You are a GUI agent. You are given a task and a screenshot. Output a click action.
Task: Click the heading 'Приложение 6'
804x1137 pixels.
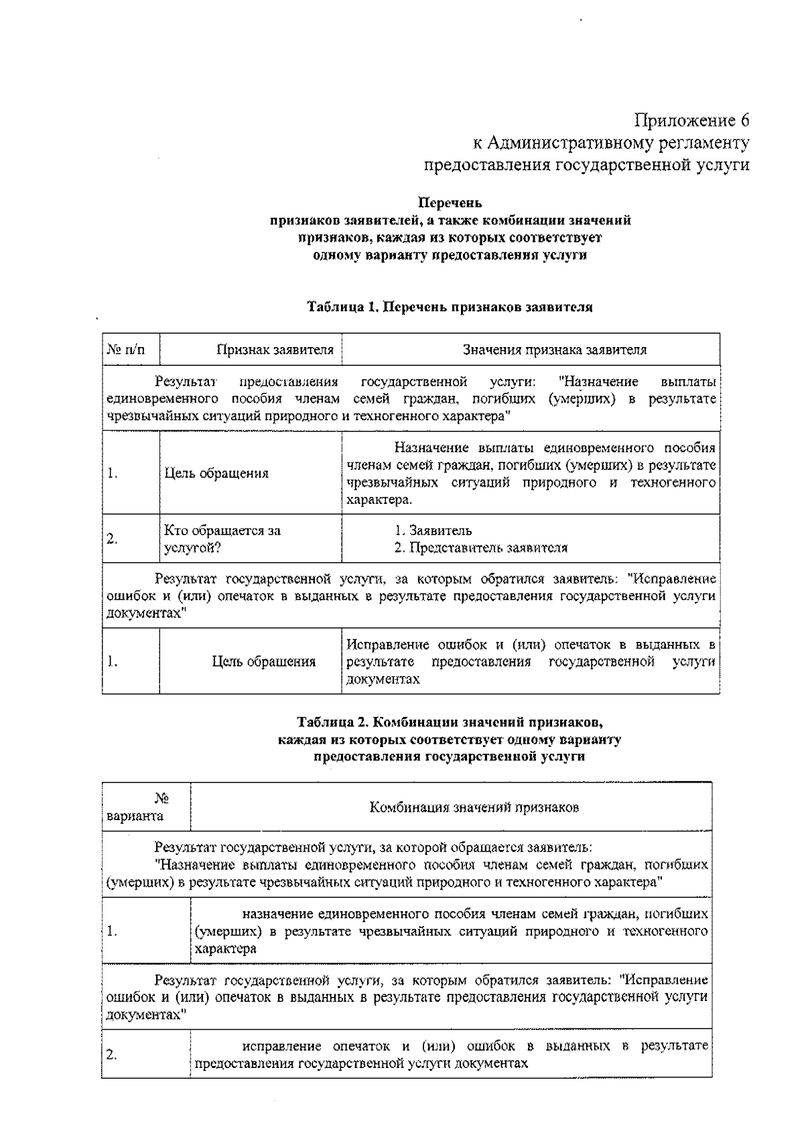691,121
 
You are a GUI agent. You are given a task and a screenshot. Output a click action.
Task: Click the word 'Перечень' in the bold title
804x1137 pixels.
450,202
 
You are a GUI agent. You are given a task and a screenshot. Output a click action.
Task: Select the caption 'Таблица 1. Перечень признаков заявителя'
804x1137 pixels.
450,308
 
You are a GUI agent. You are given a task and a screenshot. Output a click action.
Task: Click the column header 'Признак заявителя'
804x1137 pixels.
275,349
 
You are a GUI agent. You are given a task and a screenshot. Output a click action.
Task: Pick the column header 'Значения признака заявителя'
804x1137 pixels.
555,349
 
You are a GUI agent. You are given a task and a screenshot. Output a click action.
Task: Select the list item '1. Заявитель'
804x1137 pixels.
433,531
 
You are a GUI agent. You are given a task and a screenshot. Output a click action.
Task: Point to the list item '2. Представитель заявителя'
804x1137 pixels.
480,548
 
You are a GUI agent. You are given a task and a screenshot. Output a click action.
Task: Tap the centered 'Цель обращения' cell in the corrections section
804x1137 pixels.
263,662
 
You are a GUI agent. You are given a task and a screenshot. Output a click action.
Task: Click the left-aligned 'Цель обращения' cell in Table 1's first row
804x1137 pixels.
216,473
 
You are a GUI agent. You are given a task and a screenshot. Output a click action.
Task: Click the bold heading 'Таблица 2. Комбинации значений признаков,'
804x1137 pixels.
450,722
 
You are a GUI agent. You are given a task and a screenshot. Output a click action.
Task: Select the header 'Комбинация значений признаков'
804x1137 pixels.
474,807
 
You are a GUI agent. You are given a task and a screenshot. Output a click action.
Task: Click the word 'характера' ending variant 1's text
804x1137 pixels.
226,949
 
